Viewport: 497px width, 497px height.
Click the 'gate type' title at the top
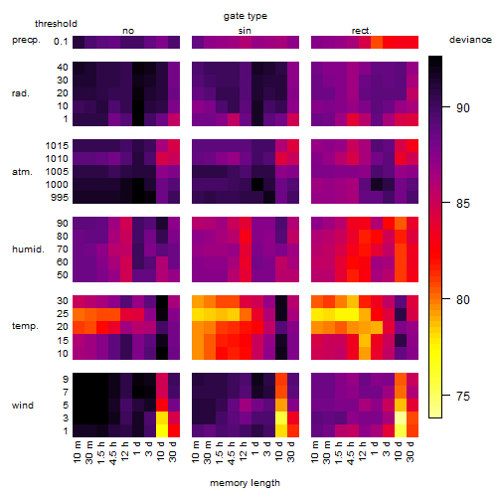[x=246, y=16]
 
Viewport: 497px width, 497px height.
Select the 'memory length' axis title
[x=245, y=483]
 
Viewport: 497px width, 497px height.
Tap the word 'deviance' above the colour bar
[x=470, y=40]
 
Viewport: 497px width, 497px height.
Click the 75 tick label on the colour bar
[x=463, y=397]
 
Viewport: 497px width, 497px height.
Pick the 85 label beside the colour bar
[x=463, y=204]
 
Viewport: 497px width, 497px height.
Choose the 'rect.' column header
[x=362, y=31]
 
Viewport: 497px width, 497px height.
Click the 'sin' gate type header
[x=245, y=31]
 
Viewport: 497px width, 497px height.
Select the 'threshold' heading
[x=56, y=24]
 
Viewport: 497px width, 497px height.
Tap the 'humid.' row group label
[x=28, y=249]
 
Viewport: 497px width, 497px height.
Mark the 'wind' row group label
[x=23, y=406]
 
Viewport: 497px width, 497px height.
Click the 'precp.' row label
[x=26, y=41]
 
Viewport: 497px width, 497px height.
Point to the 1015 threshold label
[x=57, y=146]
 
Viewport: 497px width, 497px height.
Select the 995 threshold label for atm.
[x=60, y=198]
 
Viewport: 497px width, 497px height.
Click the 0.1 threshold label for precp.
[x=61, y=42]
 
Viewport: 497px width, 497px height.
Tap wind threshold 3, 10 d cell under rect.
[x=401, y=418]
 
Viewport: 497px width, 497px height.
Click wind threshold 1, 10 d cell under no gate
[x=162, y=431]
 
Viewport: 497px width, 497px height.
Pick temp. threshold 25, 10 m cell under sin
[x=198, y=314]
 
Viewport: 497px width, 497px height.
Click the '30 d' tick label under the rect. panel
[x=410, y=451]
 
